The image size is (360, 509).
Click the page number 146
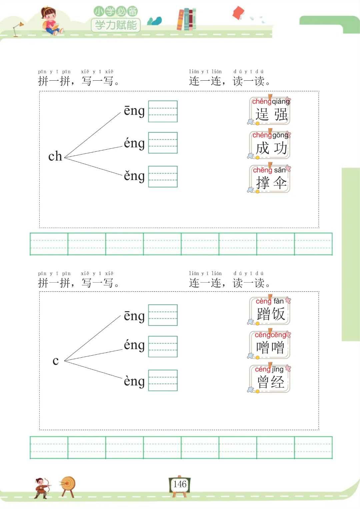click(x=180, y=484)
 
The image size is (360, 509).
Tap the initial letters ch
click(x=55, y=156)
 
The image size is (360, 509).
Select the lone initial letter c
click(x=56, y=360)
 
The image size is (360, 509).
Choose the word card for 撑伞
click(x=270, y=179)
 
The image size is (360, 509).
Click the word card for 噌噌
click(x=270, y=345)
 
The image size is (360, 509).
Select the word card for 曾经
click(x=270, y=379)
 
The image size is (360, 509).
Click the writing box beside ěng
click(x=163, y=177)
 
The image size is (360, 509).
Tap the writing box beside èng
click(x=163, y=380)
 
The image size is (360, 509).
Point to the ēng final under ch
click(x=134, y=111)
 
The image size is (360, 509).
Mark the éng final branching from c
click(x=134, y=345)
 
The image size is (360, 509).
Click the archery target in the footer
click(x=68, y=485)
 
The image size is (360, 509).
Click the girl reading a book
click(x=50, y=21)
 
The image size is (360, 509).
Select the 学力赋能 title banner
click(x=116, y=25)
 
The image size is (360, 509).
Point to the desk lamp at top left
click(x=17, y=29)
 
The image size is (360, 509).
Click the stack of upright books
click(x=186, y=19)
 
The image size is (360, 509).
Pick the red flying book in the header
click(x=238, y=13)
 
